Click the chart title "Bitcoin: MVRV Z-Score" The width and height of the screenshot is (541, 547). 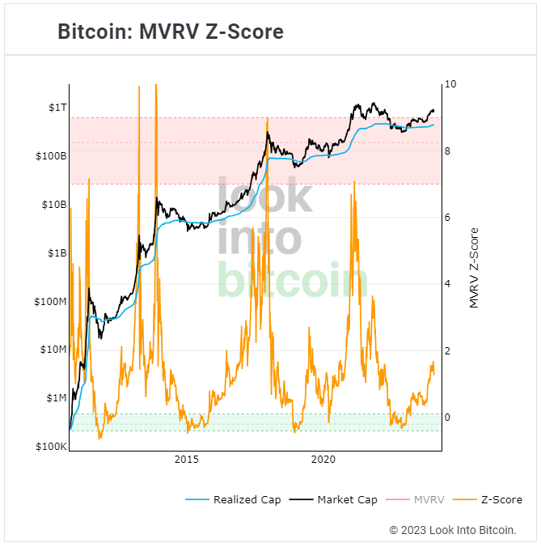pos(171,32)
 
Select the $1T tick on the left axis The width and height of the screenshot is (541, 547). pos(56,108)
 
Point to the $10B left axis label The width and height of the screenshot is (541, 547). pos(53,205)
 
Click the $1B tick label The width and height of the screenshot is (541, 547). pos(56,252)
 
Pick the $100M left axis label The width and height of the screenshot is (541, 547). pos(50,301)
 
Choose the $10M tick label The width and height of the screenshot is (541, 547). pos(53,350)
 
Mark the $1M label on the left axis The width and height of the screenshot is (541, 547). pos(55,398)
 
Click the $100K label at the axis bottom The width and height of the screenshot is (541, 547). pos(50,447)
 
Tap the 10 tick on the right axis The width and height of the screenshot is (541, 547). pos(451,84)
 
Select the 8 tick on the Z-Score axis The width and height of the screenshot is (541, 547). pos(449,151)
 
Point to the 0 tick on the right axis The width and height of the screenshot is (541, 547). pos(449,418)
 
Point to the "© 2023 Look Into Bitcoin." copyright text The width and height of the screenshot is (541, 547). pos(453,530)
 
